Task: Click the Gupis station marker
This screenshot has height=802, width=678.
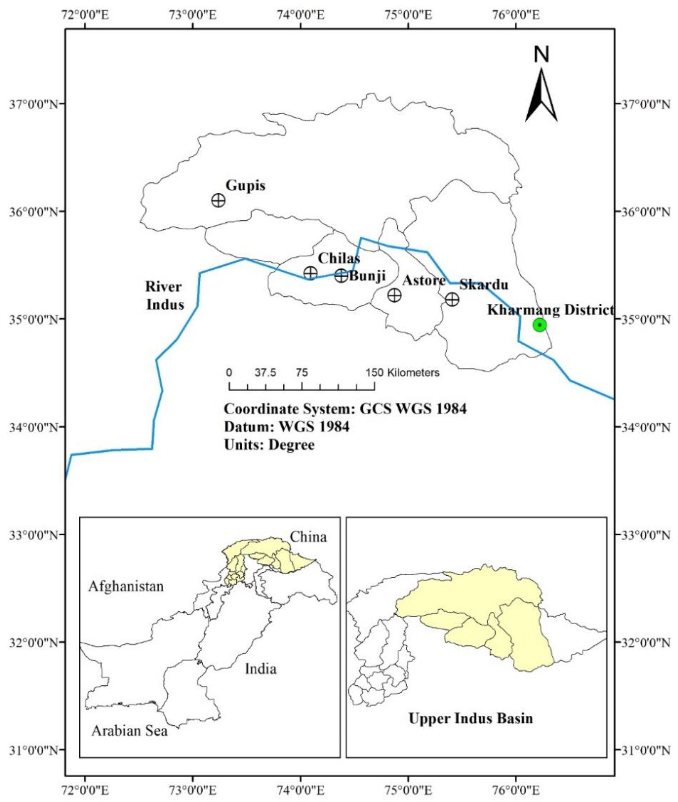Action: [x=218, y=200]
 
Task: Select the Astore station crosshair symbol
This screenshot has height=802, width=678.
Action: [x=394, y=295]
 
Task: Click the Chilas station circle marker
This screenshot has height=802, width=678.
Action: [x=310, y=273]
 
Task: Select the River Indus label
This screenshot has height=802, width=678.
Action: [x=164, y=295]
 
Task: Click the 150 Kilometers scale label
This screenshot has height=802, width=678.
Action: [x=402, y=372]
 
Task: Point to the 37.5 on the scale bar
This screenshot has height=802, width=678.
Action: [x=265, y=372]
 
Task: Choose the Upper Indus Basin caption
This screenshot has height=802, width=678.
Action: [x=470, y=718]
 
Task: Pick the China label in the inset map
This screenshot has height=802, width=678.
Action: [x=308, y=537]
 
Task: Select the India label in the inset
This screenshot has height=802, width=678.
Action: [x=261, y=669]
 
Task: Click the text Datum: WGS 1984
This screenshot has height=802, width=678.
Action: [x=287, y=426]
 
